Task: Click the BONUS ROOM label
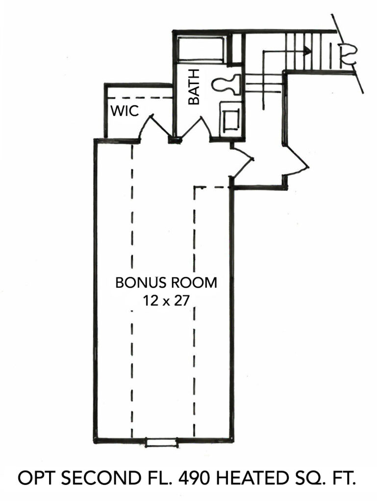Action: click(x=166, y=283)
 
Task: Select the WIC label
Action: click(x=126, y=111)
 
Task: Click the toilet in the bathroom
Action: click(x=226, y=84)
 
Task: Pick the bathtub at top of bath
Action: click(x=201, y=48)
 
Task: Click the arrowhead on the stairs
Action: click(x=307, y=50)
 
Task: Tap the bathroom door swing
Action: click(x=200, y=128)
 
